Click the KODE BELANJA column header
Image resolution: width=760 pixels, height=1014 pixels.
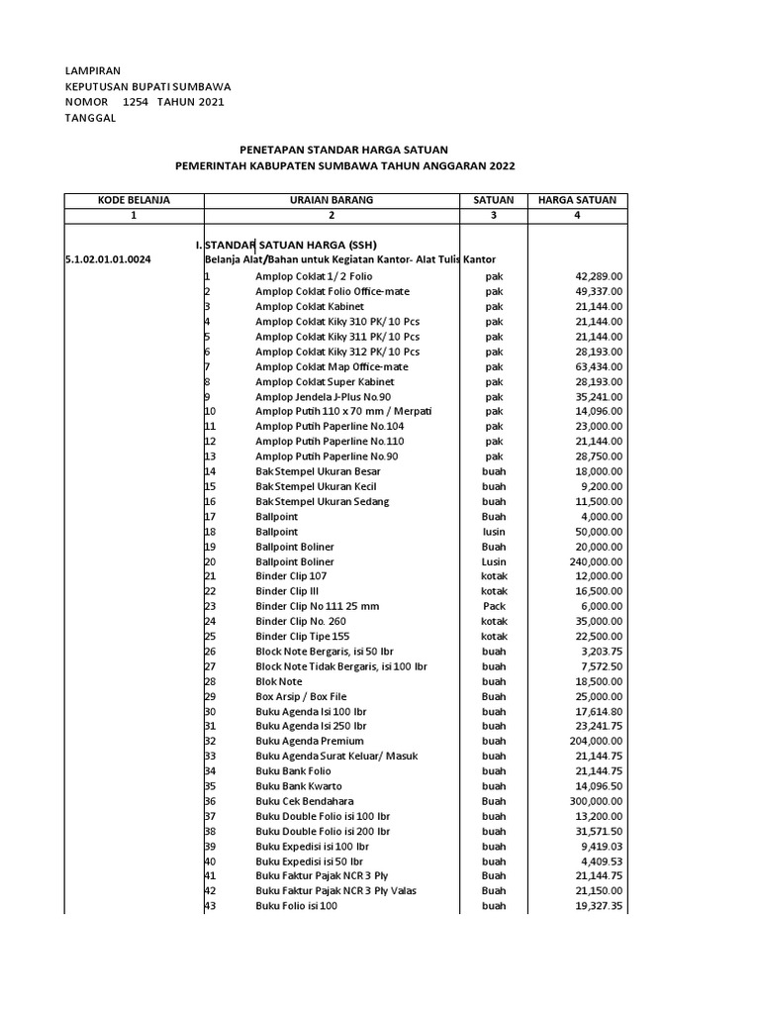pos(134,200)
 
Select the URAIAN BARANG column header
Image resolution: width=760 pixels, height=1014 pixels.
pos(331,200)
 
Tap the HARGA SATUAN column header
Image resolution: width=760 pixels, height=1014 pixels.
pos(577,200)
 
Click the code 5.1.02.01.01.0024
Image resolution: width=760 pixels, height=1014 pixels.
pos(108,259)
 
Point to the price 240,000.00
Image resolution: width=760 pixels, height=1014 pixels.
pos(588,561)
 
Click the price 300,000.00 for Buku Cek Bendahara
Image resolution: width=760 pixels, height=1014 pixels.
pos(588,801)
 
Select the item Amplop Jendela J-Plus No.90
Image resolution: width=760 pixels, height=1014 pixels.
pos(324,397)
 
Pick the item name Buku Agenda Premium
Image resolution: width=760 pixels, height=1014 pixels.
pos(309,741)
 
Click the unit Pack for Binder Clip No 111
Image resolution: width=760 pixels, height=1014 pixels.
pos(494,606)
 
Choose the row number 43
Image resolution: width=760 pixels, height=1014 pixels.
pos(210,906)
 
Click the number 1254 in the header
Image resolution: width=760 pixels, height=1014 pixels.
pos(136,102)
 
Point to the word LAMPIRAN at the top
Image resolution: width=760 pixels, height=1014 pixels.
pos(92,72)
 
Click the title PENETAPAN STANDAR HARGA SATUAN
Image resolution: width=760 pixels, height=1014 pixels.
pos(344,149)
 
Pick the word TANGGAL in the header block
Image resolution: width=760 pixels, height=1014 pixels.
pos(90,118)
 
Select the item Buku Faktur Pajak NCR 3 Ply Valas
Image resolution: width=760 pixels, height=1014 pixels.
pos(335,891)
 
